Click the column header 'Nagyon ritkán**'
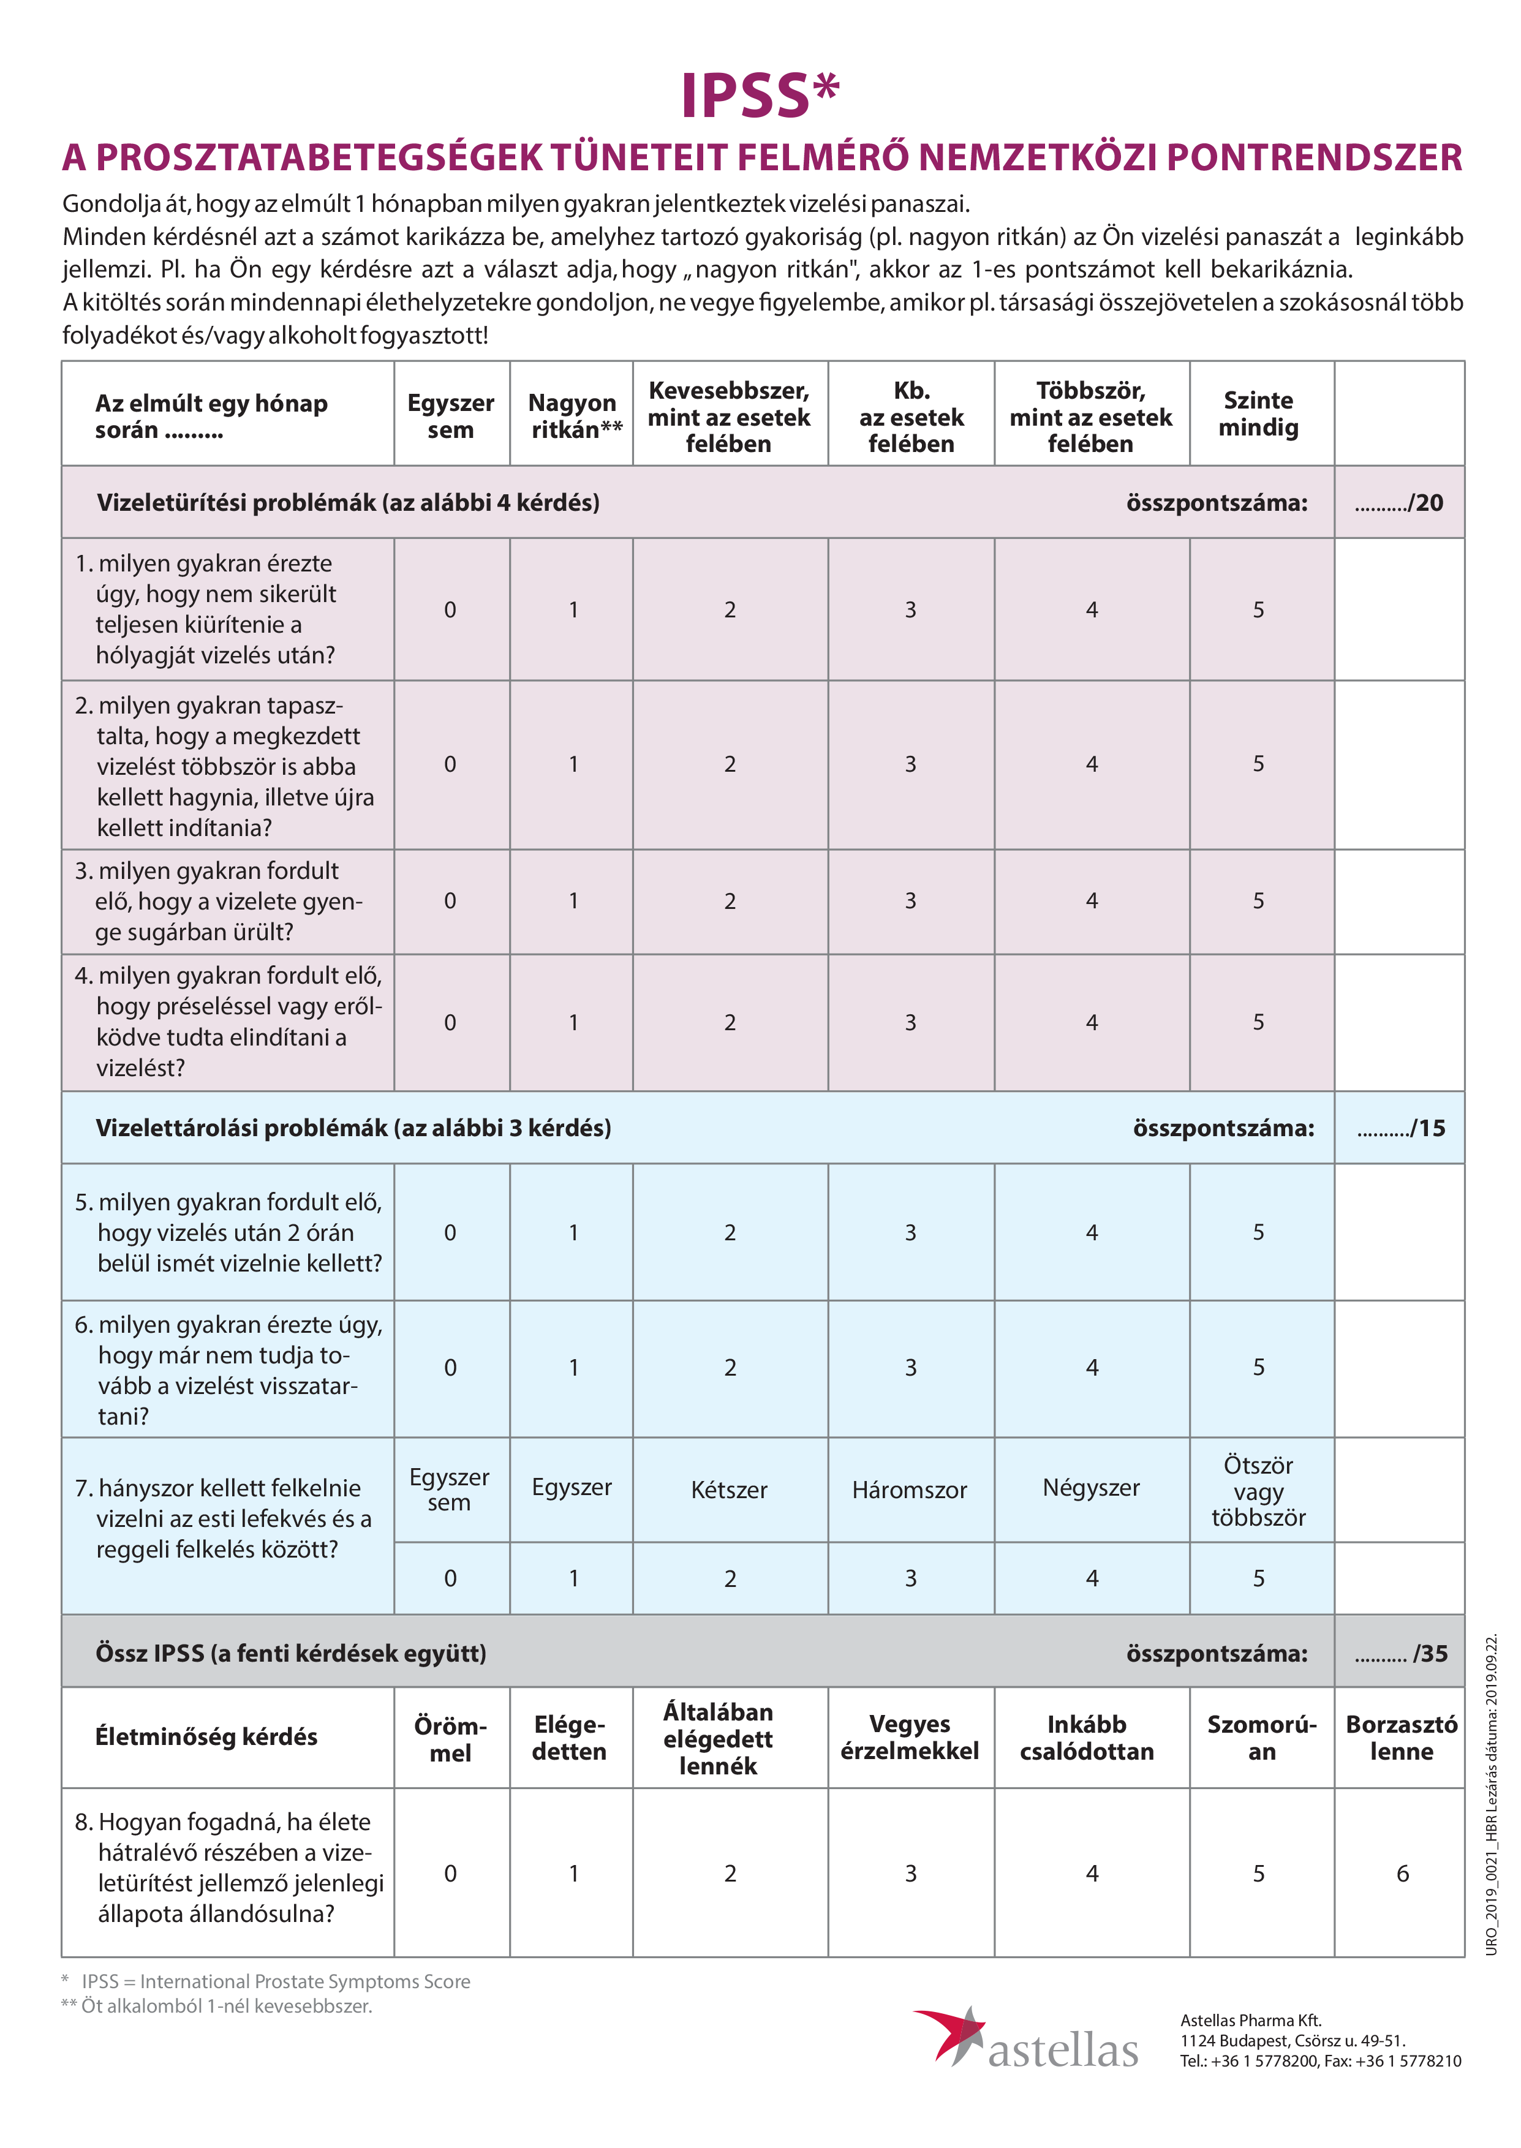[573, 416]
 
